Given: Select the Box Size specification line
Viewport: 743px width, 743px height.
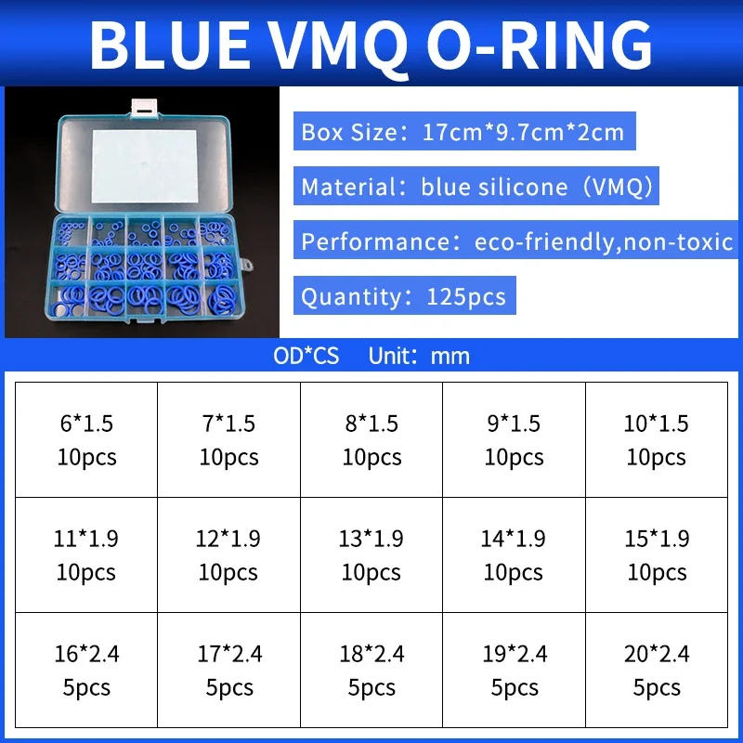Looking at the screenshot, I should (x=463, y=132).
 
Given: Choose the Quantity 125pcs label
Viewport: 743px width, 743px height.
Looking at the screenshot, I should (x=404, y=297).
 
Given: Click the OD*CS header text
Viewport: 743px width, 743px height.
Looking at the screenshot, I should (x=306, y=356).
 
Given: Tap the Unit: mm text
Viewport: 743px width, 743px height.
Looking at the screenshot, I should (x=419, y=356).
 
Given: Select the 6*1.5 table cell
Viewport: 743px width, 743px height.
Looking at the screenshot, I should (x=86, y=439).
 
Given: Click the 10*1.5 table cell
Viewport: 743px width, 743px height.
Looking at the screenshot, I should (x=657, y=439).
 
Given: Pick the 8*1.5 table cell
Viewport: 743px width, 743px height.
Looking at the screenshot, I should (x=371, y=439).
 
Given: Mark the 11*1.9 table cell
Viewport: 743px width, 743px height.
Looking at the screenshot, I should (x=86, y=554).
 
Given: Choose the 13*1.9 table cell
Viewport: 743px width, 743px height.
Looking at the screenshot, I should (x=371, y=554).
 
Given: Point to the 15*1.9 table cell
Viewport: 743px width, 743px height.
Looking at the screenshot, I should (x=657, y=554).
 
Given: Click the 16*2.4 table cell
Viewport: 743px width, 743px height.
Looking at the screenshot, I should (x=86, y=670).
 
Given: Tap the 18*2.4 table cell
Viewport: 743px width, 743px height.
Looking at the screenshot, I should (x=371, y=670).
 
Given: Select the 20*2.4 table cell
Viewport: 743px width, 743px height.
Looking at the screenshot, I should (x=657, y=670).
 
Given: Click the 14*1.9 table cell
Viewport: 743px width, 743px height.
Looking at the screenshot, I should (x=514, y=554).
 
